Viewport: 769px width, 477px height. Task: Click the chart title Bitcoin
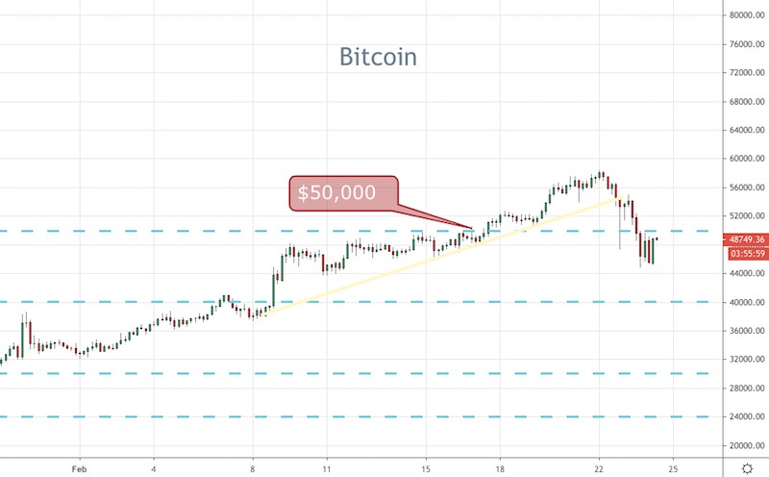click(x=378, y=57)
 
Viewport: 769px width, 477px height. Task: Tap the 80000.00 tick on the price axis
click(x=746, y=15)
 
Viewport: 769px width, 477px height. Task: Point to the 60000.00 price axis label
click(x=746, y=159)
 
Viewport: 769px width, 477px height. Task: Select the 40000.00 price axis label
click(x=746, y=302)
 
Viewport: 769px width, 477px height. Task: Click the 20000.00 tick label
click(x=746, y=445)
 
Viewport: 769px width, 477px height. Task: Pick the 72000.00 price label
click(x=746, y=73)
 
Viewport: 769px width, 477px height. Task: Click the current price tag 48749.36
click(x=746, y=239)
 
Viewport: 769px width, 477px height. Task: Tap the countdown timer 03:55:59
click(x=746, y=254)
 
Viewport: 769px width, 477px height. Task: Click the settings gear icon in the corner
click(x=746, y=465)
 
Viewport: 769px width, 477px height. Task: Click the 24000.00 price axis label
click(x=746, y=416)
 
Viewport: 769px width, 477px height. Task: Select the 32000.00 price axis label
click(x=746, y=360)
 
